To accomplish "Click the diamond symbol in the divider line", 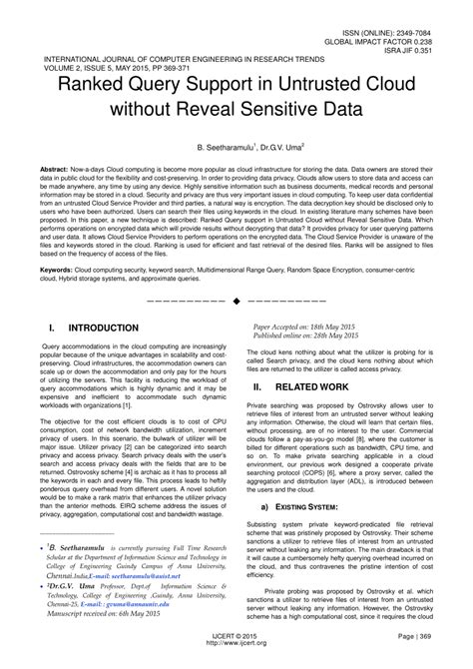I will [236, 300].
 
